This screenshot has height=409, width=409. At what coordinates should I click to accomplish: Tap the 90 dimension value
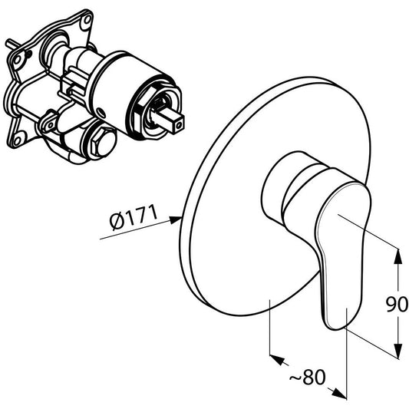(x=397, y=304)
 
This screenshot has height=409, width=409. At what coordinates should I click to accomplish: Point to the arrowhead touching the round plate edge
(x=175, y=220)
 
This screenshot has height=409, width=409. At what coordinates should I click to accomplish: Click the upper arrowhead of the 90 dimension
(x=397, y=256)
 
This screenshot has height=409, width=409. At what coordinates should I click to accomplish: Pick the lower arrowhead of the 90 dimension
(x=397, y=351)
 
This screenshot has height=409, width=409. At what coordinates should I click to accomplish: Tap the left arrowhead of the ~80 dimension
(x=277, y=360)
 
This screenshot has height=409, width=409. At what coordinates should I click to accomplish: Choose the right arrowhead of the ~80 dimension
(x=339, y=393)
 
